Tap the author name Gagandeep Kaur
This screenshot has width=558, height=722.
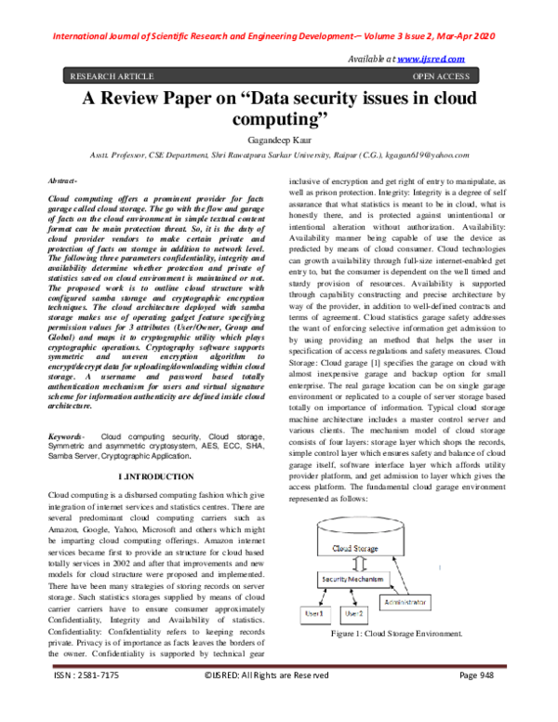click(279, 140)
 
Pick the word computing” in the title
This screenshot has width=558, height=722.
click(279, 120)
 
